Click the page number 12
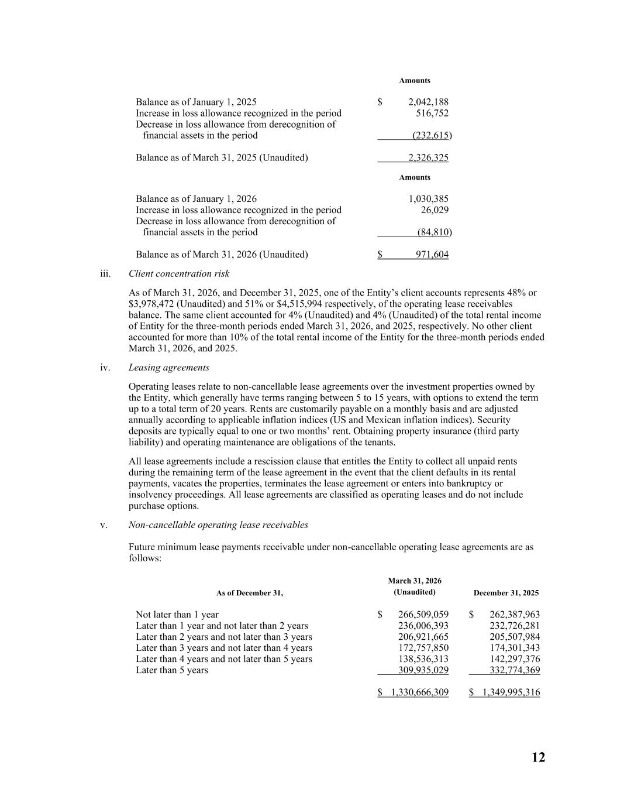tap(538, 757)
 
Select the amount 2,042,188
tap(428, 102)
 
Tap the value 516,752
tap(432, 113)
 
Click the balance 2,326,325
tap(428, 157)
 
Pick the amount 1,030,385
tap(428, 199)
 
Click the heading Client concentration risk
tap(179, 274)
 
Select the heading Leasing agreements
tap(168, 368)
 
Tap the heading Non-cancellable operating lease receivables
tap(218, 525)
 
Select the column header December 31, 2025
tap(506, 593)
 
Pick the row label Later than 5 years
tap(171, 670)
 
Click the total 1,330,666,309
tap(419, 692)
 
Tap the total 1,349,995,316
tap(510, 692)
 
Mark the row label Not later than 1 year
tap(177, 615)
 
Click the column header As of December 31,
tap(250, 593)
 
